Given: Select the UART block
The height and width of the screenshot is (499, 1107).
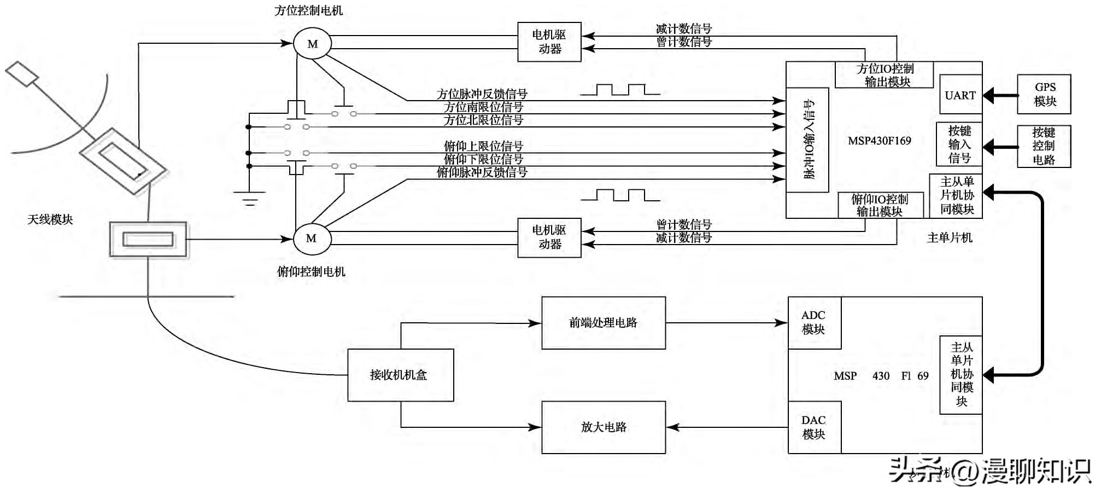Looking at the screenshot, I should [960, 95].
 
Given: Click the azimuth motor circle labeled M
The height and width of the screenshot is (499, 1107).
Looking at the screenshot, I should [312, 44].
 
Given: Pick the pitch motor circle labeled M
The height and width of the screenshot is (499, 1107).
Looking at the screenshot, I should [312, 239].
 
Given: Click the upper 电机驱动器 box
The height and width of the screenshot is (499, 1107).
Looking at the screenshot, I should [549, 42].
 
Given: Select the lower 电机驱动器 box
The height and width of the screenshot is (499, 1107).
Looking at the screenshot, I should [549, 237].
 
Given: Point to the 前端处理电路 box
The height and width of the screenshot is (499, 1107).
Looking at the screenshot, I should [603, 323].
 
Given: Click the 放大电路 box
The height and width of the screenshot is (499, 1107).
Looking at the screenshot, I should [603, 427].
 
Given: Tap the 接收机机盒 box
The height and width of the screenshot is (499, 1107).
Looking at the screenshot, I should [400, 375].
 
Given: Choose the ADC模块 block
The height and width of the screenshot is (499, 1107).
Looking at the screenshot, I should [813, 323].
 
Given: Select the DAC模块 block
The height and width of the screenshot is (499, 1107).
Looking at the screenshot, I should [813, 427].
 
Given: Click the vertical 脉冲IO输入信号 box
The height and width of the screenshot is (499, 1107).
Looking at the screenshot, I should [807, 140].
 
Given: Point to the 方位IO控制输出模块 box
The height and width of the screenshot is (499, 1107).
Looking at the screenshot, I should [884, 75].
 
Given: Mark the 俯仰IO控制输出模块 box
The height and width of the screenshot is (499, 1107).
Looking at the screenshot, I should [880, 205].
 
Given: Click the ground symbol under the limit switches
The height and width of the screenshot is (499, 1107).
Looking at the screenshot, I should [249, 198].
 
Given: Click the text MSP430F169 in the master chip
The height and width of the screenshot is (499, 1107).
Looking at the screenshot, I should [879, 141].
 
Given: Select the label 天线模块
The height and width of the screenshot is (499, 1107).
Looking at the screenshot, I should [50, 219].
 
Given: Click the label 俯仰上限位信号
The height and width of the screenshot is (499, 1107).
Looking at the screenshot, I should [483, 146].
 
